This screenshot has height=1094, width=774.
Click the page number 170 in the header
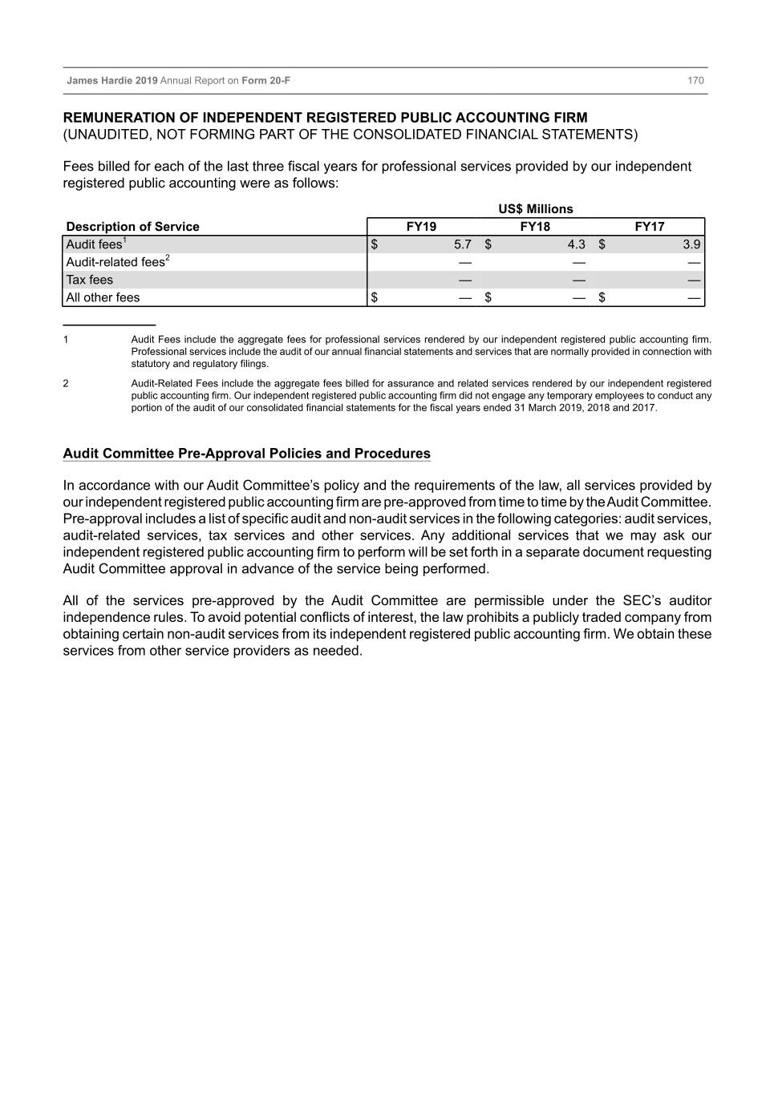coord(695,81)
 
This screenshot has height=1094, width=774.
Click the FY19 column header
coord(421,227)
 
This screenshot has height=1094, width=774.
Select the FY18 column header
coord(535,227)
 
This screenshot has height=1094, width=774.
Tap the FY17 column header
coord(649,227)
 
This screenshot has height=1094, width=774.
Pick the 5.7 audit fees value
coord(462,244)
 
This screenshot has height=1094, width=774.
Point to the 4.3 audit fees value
coord(576,244)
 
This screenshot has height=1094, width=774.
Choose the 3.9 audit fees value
coord(691,244)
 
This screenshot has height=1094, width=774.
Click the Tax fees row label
coord(90,280)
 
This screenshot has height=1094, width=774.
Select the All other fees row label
coord(103,297)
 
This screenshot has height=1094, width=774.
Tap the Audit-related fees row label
coord(115,263)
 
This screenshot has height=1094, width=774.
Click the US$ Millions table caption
coord(535,209)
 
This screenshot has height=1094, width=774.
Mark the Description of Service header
coord(132,227)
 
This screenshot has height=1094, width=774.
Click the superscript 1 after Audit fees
coord(125,240)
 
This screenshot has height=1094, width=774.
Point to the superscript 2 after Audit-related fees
coord(167,257)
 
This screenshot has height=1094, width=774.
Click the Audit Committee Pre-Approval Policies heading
coord(246,454)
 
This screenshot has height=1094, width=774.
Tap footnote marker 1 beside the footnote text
coord(66,340)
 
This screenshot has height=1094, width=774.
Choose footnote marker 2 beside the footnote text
coord(66,384)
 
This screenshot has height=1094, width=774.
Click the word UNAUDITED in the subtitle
coord(106,135)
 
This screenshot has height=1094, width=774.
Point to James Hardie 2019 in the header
coord(112,81)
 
